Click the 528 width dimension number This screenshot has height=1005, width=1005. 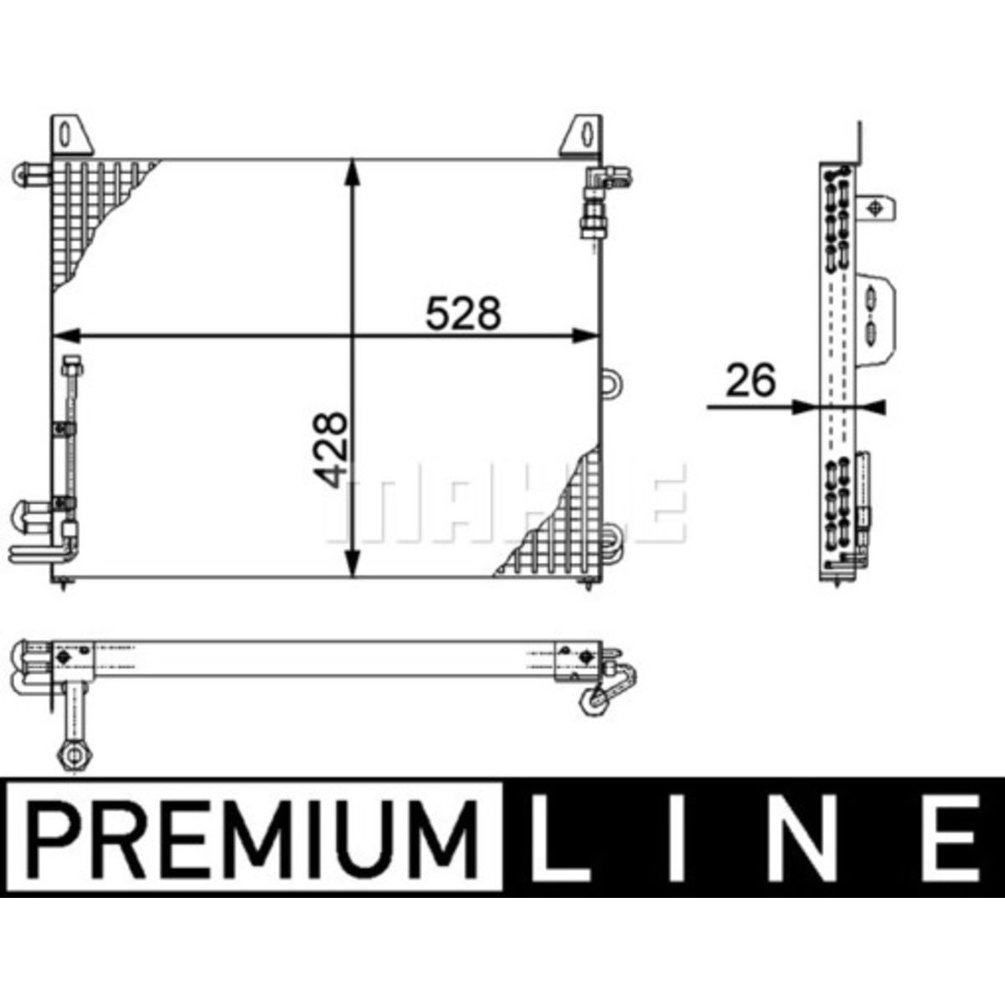click(463, 313)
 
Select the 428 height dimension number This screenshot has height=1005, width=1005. click(330, 450)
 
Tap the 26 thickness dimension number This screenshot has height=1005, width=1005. click(750, 380)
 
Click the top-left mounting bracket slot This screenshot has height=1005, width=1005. click(64, 135)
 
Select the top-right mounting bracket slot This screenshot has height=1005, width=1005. click(588, 135)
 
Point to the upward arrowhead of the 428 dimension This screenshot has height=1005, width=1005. click(353, 173)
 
